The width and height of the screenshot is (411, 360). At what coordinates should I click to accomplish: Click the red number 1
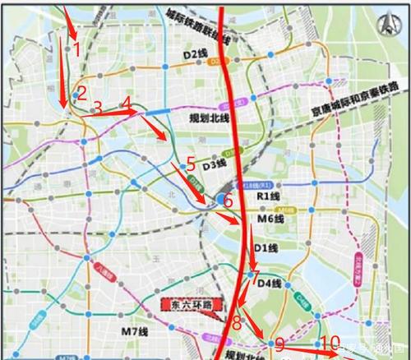[x=76, y=48]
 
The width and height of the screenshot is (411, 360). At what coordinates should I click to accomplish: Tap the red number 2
[x=82, y=92]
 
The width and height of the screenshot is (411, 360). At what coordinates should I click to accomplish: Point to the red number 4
[x=127, y=104]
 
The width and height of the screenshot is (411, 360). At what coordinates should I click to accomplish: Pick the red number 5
[x=191, y=164]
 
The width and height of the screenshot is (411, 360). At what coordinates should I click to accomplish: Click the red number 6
[x=228, y=201]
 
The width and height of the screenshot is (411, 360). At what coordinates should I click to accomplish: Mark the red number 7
[x=255, y=276]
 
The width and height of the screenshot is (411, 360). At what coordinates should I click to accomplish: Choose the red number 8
[x=237, y=321]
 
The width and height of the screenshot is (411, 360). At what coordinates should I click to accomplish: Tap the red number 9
[x=279, y=344]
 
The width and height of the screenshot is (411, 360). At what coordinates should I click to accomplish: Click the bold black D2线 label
[x=195, y=53]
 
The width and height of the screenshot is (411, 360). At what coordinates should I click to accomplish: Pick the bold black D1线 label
[x=266, y=247]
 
